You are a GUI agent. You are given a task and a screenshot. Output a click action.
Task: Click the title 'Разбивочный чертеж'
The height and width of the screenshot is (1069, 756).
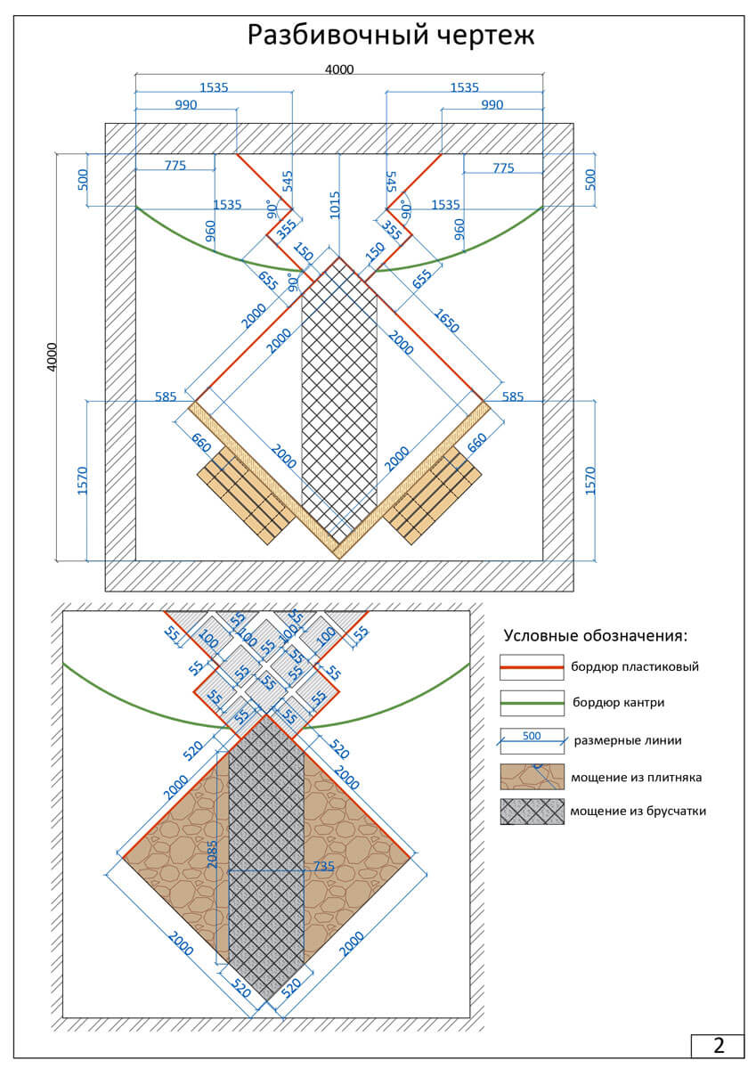pyautogui.click(x=390, y=36)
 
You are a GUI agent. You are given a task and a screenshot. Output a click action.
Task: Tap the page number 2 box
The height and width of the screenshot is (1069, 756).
pyautogui.click(x=718, y=1045)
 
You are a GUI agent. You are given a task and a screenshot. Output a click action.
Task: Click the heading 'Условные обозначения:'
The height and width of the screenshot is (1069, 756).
pyautogui.click(x=596, y=636)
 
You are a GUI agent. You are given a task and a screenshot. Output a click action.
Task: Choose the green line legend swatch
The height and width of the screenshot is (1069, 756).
pyautogui.click(x=532, y=703)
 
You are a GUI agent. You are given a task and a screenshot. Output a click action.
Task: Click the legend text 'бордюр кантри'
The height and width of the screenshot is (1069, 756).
pyautogui.click(x=620, y=703)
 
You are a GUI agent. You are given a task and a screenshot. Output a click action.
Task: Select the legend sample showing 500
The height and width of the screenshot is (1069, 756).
pyautogui.click(x=532, y=739)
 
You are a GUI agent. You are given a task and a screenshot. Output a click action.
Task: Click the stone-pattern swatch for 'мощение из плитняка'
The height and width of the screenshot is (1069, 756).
pyautogui.click(x=532, y=777)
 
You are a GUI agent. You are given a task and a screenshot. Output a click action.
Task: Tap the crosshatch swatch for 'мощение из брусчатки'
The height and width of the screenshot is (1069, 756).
pyautogui.click(x=532, y=812)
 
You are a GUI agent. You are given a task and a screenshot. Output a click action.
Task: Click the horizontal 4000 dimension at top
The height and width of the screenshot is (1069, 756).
pyautogui.click(x=338, y=69)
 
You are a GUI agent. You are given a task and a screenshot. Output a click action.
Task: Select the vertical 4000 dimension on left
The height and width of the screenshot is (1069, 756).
pyautogui.click(x=52, y=356)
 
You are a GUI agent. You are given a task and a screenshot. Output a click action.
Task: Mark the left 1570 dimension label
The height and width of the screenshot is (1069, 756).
pyautogui.click(x=83, y=480)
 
